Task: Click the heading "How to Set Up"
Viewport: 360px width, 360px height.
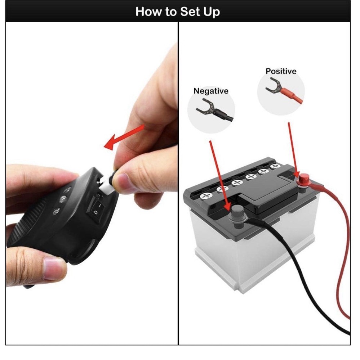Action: pyautogui.click(x=178, y=12)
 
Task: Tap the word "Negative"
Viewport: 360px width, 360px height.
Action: pyautogui.click(x=211, y=91)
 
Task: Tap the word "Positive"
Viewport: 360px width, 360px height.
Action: pyautogui.click(x=281, y=71)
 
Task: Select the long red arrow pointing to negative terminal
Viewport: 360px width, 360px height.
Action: pyautogui.click(x=218, y=173)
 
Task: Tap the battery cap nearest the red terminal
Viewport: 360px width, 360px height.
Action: pyautogui.click(x=276, y=167)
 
